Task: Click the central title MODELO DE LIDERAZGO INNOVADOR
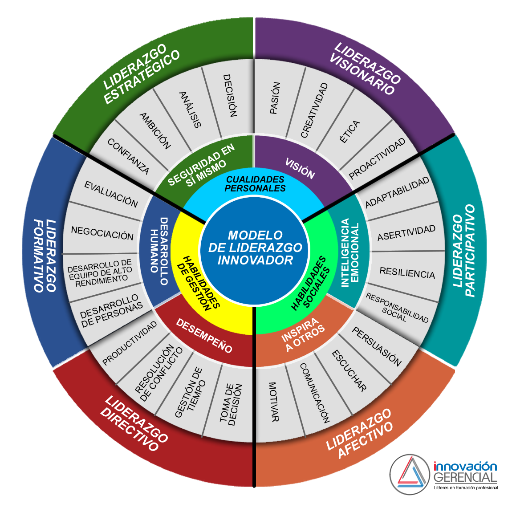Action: [255, 248]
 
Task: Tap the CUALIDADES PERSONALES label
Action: [255, 183]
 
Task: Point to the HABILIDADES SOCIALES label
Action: [311, 283]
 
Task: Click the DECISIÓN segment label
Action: [229, 96]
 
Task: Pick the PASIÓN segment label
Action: [275, 98]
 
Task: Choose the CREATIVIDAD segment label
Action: [314, 110]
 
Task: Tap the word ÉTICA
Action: [349, 132]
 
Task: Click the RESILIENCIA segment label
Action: [407, 273]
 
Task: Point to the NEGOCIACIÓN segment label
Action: [102, 233]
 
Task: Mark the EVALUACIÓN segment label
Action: [111, 195]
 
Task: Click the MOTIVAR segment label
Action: [273, 402]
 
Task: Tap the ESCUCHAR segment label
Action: [349, 370]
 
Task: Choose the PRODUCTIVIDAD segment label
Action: [130, 343]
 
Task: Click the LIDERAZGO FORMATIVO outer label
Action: [45, 255]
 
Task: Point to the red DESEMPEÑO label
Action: [204, 336]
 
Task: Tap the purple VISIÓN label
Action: [300, 168]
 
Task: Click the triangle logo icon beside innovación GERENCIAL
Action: [410, 475]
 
